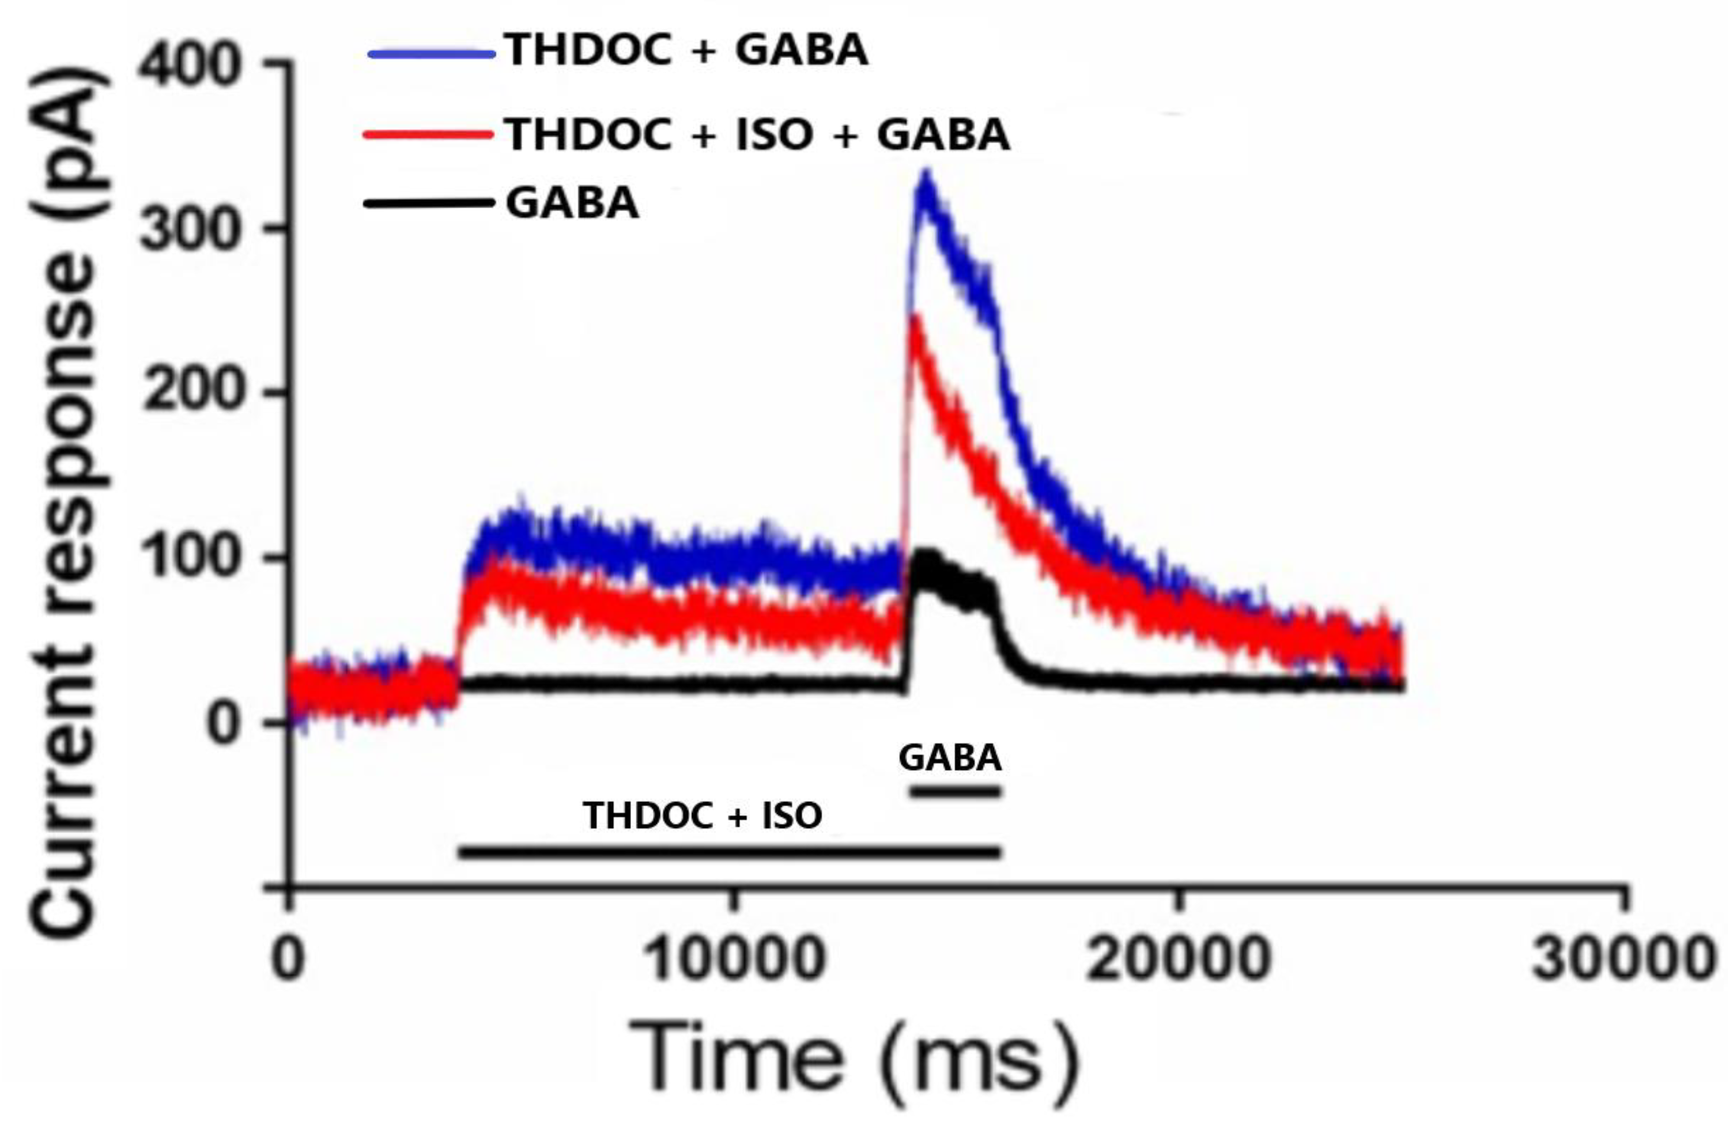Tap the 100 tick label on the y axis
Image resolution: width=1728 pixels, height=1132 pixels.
coord(190,558)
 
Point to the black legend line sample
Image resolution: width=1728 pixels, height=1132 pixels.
coord(428,203)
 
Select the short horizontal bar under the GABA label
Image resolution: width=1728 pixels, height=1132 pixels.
coord(956,791)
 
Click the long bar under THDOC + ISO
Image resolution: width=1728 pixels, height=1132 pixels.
coord(730,852)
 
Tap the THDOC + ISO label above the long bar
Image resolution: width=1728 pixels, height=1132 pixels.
coord(702,816)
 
